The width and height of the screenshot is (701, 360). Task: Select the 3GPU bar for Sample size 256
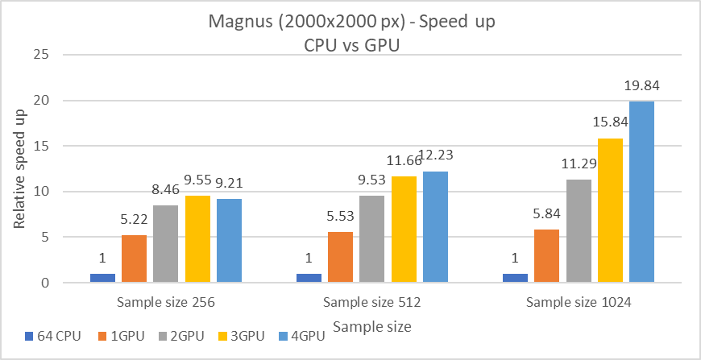[197, 239]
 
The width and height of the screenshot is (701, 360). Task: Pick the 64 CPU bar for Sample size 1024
[516, 279]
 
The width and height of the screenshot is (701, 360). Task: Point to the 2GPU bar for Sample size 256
[166, 244]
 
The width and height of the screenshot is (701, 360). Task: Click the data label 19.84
[641, 85]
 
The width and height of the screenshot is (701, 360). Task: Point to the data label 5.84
[547, 215]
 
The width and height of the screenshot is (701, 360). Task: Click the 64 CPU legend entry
[53, 337]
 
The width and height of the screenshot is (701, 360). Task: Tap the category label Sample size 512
[372, 303]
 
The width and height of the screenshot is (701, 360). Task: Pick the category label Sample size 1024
[579, 303]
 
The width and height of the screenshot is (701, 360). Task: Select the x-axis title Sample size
[372, 327]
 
